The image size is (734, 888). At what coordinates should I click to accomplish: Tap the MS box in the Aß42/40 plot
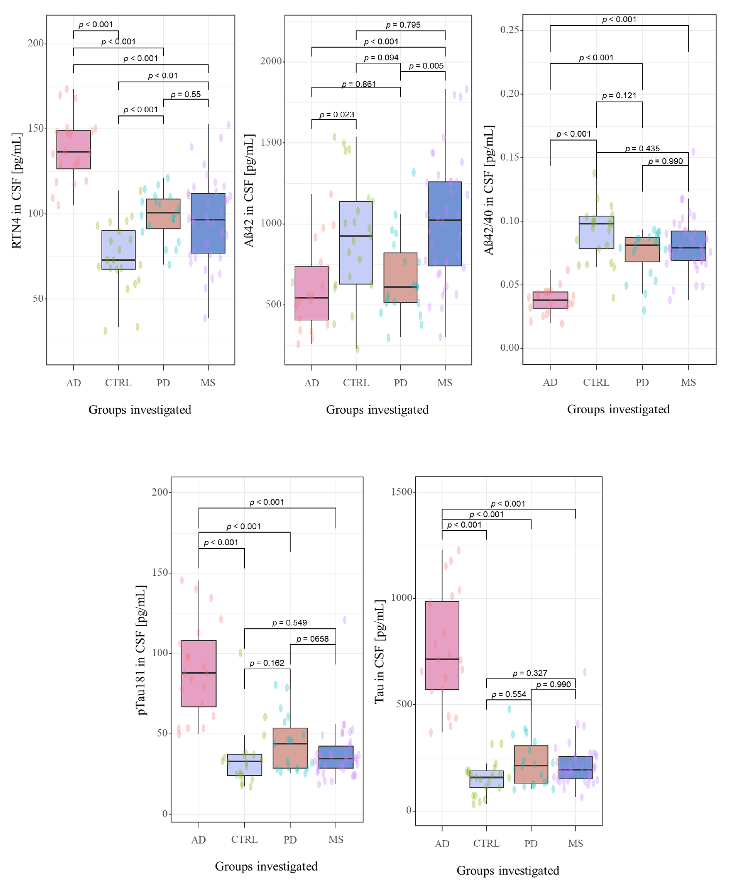pos(688,245)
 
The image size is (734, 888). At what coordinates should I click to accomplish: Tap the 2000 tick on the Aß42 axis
pos(271,61)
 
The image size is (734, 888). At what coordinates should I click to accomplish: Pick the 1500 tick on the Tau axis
pos(401,492)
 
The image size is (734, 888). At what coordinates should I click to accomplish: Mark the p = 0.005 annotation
pos(426,66)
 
